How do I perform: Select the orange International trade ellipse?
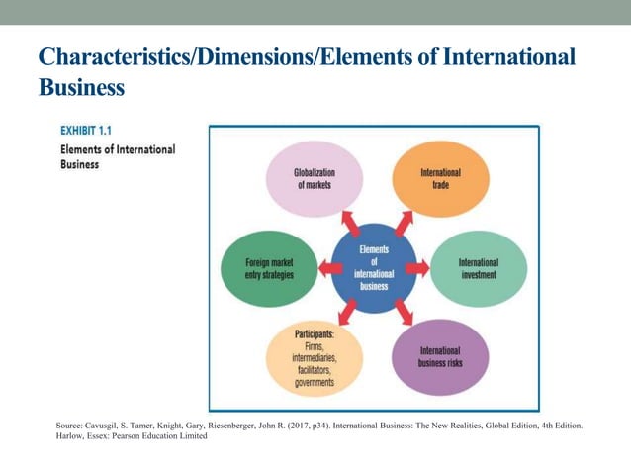pos(440,179)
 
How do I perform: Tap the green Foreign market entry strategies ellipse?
pos(269,267)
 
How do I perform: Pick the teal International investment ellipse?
pos(479,267)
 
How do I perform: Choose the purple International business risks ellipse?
pos(440,357)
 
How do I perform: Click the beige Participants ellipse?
pos(315,357)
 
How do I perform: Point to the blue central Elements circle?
pos(374,267)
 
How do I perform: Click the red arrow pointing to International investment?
pos(417,267)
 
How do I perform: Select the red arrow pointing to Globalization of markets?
pos(349,221)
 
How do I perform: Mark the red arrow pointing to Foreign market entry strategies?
pos(329,267)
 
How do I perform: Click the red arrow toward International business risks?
pos(404,315)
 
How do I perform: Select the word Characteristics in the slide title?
pos(109,56)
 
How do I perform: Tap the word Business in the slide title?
pos(81,87)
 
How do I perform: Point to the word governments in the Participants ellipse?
pos(314,382)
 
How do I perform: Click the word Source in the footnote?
pos(71,426)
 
